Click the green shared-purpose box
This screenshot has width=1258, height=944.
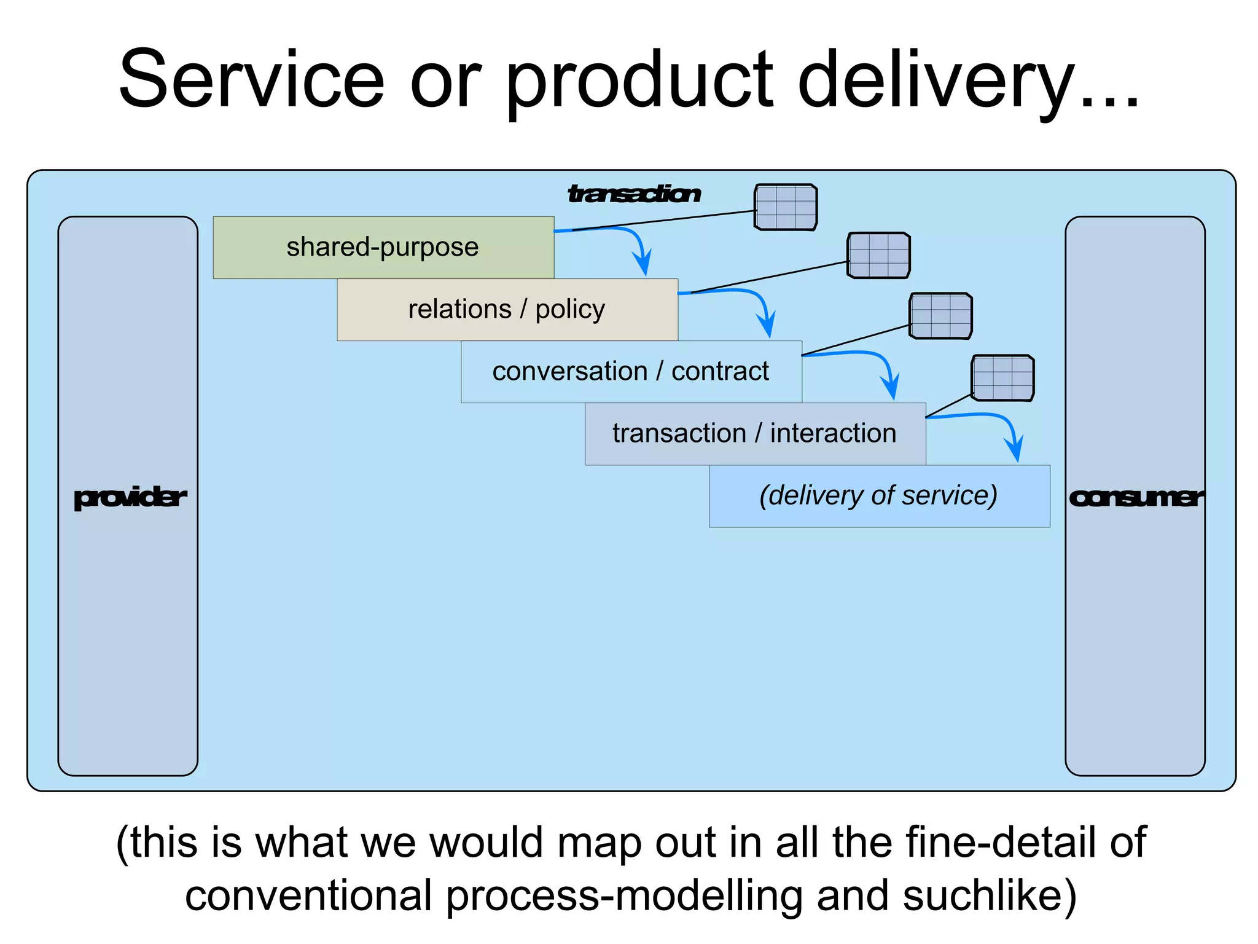[383, 247]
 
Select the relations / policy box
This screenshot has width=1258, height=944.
[507, 309]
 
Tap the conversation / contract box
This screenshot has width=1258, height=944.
[631, 371]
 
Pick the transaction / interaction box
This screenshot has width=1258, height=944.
[755, 433]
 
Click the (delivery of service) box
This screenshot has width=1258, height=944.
[879, 495]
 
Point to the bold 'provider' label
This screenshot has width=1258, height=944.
[129, 497]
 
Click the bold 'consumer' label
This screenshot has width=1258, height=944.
[1135, 497]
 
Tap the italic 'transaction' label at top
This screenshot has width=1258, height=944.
[634, 194]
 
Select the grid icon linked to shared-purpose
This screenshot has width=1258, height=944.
[786, 207]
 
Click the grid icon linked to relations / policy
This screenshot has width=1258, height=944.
[878, 255]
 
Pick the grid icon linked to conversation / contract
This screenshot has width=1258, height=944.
[940, 316]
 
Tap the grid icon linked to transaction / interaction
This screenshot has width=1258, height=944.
[1002, 378]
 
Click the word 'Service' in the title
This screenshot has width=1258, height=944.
[252, 80]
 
